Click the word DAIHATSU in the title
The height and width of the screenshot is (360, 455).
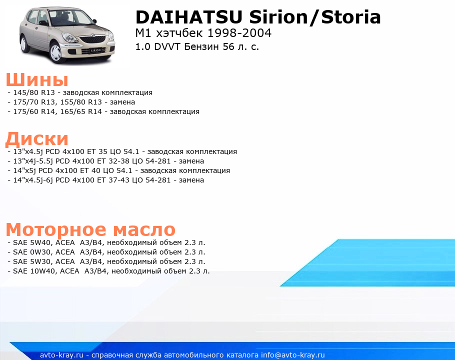189,17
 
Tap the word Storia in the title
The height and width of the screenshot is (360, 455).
351,17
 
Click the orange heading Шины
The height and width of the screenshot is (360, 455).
37,79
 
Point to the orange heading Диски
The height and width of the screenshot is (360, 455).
37,138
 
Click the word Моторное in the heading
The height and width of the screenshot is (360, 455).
56,230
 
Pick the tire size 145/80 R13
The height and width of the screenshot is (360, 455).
34,92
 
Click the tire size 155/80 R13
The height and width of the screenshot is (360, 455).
81,102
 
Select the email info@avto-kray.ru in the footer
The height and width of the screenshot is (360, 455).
293,355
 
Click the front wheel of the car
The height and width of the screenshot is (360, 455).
56,52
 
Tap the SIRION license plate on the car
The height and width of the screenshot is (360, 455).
95,50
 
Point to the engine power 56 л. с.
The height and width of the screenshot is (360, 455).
241,46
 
